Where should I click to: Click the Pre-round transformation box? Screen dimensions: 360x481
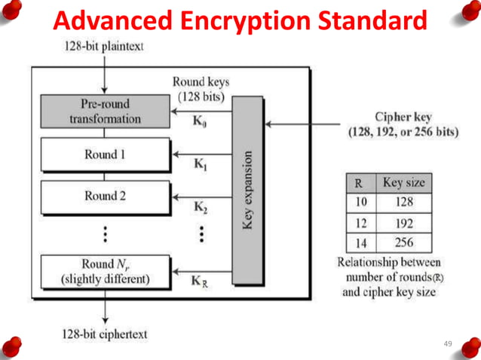click(105, 111)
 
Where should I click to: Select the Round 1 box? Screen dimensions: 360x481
click(105, 154)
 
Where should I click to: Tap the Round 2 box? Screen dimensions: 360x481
click(105, 196)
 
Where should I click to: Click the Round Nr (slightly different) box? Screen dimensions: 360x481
click(105, 271)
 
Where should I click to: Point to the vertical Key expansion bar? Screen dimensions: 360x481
click(248, 191)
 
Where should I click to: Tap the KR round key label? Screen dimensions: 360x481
click(201, 281)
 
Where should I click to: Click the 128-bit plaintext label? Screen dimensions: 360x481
click(103, 47)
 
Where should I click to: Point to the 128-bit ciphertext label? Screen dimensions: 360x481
click(104, 333)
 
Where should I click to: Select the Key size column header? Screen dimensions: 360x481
click(403, 182)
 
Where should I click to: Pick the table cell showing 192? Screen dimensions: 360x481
click(403, 223)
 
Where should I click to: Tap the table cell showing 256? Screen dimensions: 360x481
click(403, 243)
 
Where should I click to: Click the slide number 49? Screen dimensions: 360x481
click(448, 343)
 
